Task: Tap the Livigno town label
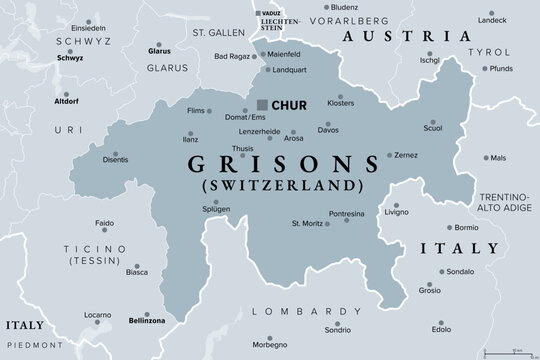click(399, 212)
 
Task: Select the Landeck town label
click(492, 20)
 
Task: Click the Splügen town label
click(216, 208)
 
